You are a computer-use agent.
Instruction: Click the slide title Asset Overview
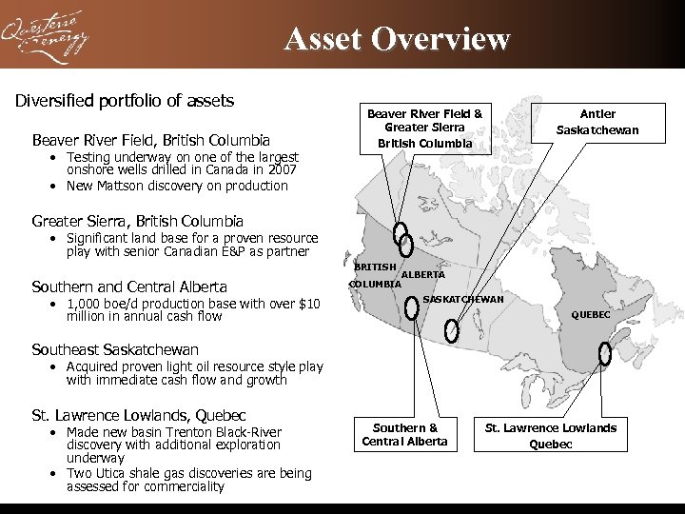click(x=397, y=39)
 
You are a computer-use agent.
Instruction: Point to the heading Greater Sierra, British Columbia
click(x=138, y=221)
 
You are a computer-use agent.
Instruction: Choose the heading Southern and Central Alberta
click(x=129, y=287)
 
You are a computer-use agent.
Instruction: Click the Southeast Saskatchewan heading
click(x=115, y=349)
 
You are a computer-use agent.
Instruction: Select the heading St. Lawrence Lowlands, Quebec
click(x=139, y=415)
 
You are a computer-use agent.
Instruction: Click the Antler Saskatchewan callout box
click(x=597, y=121)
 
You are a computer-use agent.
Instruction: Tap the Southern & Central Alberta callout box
click(x=405, y=434)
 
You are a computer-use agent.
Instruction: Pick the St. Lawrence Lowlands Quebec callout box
click(x=551, y=435)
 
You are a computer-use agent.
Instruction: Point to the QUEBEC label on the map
click(x=591, y=315)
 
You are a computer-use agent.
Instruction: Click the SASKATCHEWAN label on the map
click(x=463, y=300)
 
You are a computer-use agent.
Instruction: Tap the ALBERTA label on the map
click(x=423, y=275)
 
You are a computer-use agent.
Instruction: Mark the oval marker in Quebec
click(x=605, y=353)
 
